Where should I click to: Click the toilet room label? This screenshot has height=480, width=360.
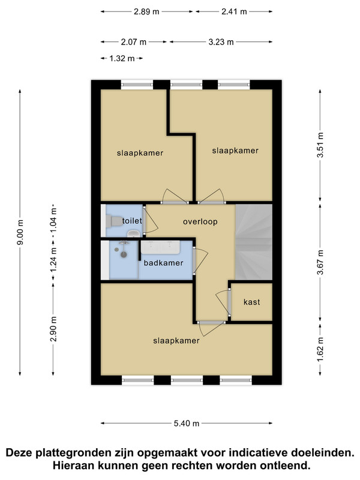(x=132, y=221)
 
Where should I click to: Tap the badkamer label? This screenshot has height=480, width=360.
(x=163, y=263)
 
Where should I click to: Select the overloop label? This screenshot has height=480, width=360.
(x=200, y=221)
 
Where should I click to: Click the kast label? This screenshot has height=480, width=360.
(x=251, y=302)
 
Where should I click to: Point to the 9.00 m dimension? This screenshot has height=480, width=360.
(x=20, y=232)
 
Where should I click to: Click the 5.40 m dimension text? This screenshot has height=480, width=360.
(x=187, y=424)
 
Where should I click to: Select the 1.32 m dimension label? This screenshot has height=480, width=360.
(x=122, y=58)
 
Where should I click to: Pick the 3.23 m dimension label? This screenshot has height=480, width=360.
(x=221, y=42)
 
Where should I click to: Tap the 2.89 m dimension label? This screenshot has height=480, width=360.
(x=146, y=11)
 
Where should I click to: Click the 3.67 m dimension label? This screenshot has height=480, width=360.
(x=320, y=263)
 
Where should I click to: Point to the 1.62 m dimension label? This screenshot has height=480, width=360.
(x=320, y=349)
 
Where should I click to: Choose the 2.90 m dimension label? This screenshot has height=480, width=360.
(x=53, y=329)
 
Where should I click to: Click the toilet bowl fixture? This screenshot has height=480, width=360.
(x=113, y=221)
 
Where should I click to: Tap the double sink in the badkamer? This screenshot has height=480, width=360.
(x=160, y=247)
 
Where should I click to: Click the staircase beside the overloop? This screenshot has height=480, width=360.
(x=254, y=242)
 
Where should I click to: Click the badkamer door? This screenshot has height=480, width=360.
(x=200, y=260)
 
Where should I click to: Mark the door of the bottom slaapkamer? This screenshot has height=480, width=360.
(x=211, y=328)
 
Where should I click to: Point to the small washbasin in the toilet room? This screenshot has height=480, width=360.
(x=133, y=234)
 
